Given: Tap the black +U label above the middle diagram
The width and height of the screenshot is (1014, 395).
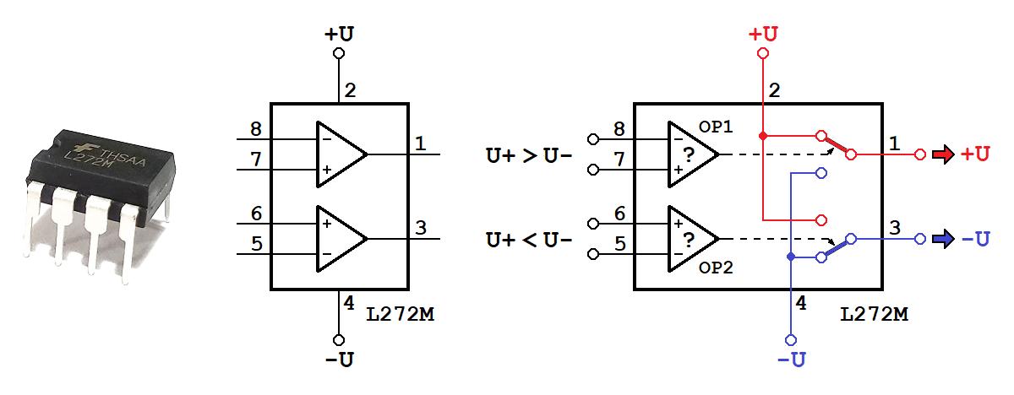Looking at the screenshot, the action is [339, 35].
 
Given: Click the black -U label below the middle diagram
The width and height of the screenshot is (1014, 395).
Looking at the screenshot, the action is [340, 360].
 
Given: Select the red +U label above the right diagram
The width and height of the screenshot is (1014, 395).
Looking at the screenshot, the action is [763, 35].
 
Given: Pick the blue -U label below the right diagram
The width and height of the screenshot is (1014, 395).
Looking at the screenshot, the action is [791, 360].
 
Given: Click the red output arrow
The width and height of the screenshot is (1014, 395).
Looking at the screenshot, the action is [943, 154].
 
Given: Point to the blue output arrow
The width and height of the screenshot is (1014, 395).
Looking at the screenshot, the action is [943, 239].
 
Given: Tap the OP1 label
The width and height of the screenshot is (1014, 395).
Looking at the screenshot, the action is [716, 127].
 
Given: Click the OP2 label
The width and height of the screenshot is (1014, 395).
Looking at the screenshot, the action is [716, 268].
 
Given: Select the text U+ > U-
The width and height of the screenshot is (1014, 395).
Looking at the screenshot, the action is [529, 155].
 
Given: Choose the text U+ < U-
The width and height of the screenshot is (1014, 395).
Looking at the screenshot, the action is [529, 240].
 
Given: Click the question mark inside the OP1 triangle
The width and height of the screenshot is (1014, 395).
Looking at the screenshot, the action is [689, 154].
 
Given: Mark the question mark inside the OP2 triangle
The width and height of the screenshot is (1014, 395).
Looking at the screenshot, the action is [689, 239].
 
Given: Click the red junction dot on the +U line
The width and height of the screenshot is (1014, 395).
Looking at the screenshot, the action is [763, 136].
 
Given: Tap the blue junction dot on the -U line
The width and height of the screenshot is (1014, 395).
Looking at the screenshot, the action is [791, 257].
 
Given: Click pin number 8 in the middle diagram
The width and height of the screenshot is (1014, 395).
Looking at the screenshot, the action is [256, 129].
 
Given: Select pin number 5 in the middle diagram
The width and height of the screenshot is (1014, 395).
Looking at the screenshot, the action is [257, 244].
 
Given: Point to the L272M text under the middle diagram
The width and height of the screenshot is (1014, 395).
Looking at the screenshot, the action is [401, 314].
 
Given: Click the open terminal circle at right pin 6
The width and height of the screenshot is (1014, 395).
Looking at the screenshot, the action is [593, 224].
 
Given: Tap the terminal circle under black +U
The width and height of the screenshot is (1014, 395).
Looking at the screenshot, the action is [339, 53].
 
